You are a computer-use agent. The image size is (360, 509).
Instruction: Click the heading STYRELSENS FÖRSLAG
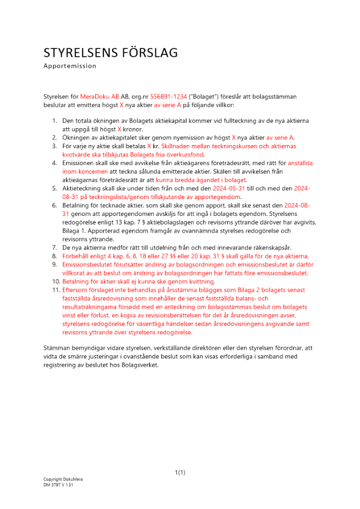coord(110,52)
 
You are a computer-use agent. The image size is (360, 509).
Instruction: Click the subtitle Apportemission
coord(70,66)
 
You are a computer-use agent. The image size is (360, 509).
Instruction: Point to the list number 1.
coord(54,121)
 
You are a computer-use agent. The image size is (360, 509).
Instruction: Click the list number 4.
coord(54,163)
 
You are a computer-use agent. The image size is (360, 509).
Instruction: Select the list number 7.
coord(54,247)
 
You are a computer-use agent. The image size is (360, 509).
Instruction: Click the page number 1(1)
coord(180,472)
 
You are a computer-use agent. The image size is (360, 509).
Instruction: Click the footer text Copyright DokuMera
coord(63,479)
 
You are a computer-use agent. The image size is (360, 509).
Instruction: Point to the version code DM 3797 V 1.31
coord(58,485)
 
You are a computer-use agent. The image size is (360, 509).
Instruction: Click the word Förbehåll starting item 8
coord(77,256)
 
